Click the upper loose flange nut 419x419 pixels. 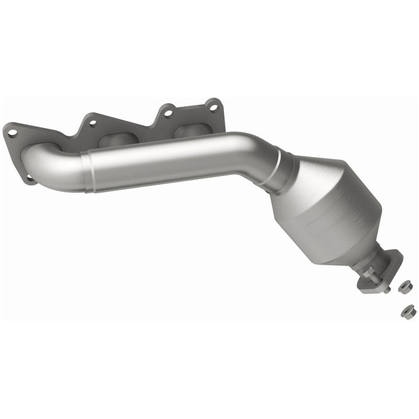click(405, 286)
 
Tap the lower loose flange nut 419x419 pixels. click(408, 311)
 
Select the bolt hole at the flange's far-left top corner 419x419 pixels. click(11, 133)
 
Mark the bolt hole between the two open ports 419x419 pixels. click(168, 112)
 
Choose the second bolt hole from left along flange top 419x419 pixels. click(92, 124)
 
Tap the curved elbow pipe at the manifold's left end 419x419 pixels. click(51, 165)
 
